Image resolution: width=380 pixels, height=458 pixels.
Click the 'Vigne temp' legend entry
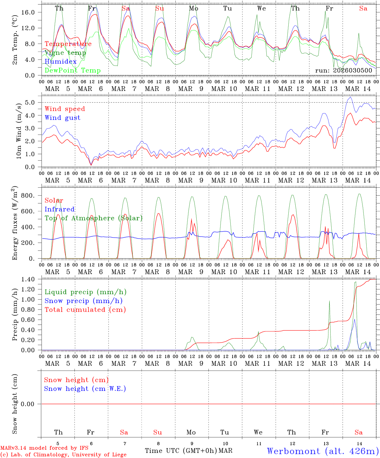65,53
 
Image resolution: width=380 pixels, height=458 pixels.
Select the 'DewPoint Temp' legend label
73,71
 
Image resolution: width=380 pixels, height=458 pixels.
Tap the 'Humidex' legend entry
60,62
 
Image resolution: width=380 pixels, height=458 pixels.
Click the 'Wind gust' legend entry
62,118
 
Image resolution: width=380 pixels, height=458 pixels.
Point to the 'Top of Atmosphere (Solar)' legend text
93,218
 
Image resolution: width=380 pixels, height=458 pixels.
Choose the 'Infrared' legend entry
60,209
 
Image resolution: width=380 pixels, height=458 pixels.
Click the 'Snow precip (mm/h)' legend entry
83,301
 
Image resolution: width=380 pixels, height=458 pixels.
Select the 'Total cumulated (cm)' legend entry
85,310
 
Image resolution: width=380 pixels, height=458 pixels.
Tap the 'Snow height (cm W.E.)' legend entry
85,389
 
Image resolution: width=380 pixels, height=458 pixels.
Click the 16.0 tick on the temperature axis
32,12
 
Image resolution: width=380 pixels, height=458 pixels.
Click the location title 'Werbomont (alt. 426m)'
322,451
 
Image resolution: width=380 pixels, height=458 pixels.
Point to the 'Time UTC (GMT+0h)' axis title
181,451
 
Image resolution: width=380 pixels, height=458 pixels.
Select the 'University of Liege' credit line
63,455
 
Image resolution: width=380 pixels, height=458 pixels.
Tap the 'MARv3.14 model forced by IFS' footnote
44,448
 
